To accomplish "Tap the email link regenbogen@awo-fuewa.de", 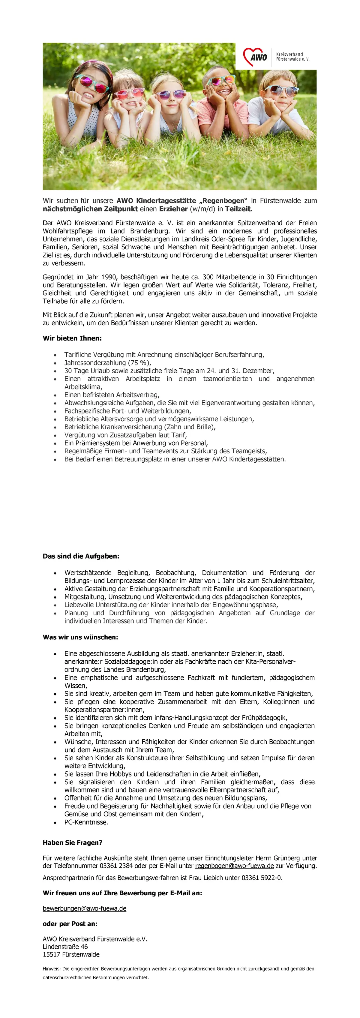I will point(234,866).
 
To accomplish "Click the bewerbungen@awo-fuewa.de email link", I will point(85,908).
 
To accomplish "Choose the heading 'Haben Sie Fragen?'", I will point(72,842).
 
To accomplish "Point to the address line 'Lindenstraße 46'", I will point(65,947).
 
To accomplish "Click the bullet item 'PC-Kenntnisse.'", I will point(86,822).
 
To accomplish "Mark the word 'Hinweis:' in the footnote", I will point(51,968).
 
